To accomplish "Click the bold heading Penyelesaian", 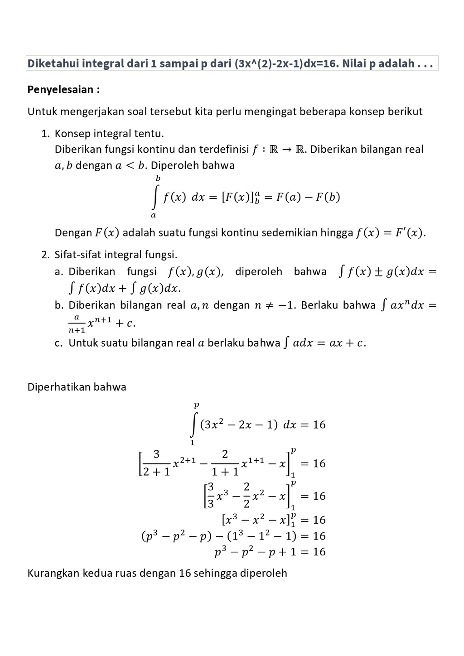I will coord(63,89).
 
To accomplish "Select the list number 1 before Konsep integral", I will coord(44,134).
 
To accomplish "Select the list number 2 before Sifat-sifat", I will coord(44,255).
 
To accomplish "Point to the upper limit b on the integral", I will coord(158,178).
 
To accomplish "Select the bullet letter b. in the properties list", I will coord(59,305).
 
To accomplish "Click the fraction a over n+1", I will coord(76,323).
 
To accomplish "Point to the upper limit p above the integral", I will coord(196,405).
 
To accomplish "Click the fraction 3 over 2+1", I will coord(156,463).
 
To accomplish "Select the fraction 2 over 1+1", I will coord(225,463).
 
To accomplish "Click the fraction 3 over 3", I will coord(210,496).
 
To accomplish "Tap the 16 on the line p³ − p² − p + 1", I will coord(319,552).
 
